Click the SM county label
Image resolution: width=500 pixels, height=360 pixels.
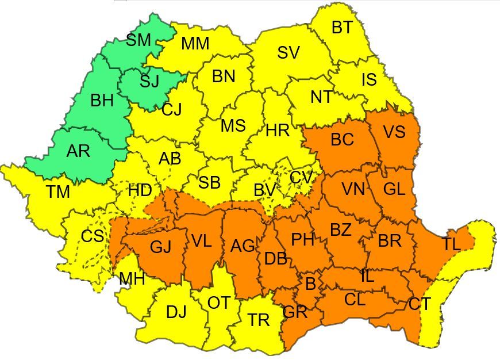pos(138,40)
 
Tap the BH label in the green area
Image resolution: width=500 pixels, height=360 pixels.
pos(102,101)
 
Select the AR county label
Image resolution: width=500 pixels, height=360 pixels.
pos(78,151)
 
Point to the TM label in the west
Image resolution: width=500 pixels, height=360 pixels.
pos(58,192)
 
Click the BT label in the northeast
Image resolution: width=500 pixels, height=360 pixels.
pos(342,28)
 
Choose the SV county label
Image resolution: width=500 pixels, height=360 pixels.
pos(289,53)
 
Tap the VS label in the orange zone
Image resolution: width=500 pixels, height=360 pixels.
pos(394,132)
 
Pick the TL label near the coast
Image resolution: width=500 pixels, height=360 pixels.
pos(451,244)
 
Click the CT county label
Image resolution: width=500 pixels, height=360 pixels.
pos(420,304)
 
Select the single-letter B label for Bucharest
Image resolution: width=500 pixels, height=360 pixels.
pos(310,284)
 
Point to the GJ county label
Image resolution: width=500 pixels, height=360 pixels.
pos(160,247)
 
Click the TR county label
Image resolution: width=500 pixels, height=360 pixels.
pos(259,320)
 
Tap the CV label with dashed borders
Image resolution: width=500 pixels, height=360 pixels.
pos(301,177)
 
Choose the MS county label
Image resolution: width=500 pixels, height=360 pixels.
pos(233,125)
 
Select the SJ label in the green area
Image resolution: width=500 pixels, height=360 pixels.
pos(149,81)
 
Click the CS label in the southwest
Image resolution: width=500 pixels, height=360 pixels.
pos(92,236)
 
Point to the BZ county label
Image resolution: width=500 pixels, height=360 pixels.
pos(340,230)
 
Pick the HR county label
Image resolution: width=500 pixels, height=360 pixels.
pos(278,131)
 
